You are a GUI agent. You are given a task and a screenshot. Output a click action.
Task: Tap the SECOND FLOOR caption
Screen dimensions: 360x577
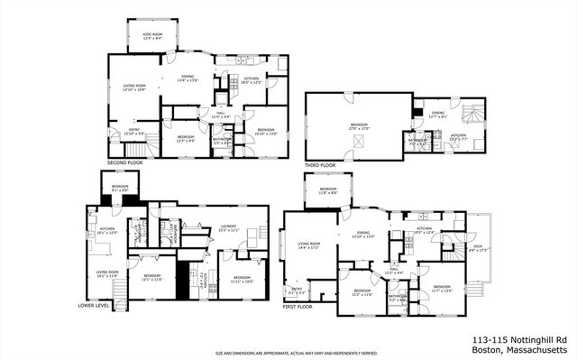124,162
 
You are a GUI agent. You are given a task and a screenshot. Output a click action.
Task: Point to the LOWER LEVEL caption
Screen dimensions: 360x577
95,306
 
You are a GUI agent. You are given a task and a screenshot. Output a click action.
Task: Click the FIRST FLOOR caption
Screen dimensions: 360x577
299,306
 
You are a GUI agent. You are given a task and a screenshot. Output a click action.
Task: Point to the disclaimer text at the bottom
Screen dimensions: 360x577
296,353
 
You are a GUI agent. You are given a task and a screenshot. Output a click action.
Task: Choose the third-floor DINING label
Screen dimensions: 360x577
437,114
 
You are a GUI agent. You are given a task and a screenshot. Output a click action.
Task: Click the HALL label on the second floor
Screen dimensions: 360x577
221,115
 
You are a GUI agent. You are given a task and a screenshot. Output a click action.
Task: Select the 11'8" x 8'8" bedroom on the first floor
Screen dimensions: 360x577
328,191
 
